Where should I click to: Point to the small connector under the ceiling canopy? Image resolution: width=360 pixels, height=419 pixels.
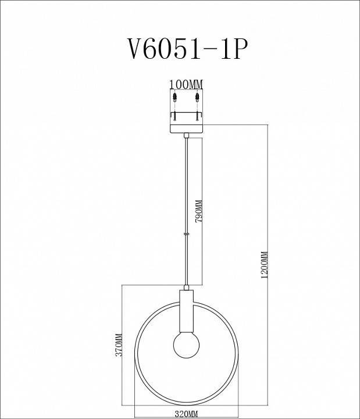(186, 136)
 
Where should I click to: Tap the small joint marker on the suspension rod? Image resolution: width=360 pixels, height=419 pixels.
(186, 234)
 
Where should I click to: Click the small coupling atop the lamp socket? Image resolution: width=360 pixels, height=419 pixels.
(186, 287)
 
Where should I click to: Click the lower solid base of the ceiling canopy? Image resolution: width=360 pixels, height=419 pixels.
(186, 127)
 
